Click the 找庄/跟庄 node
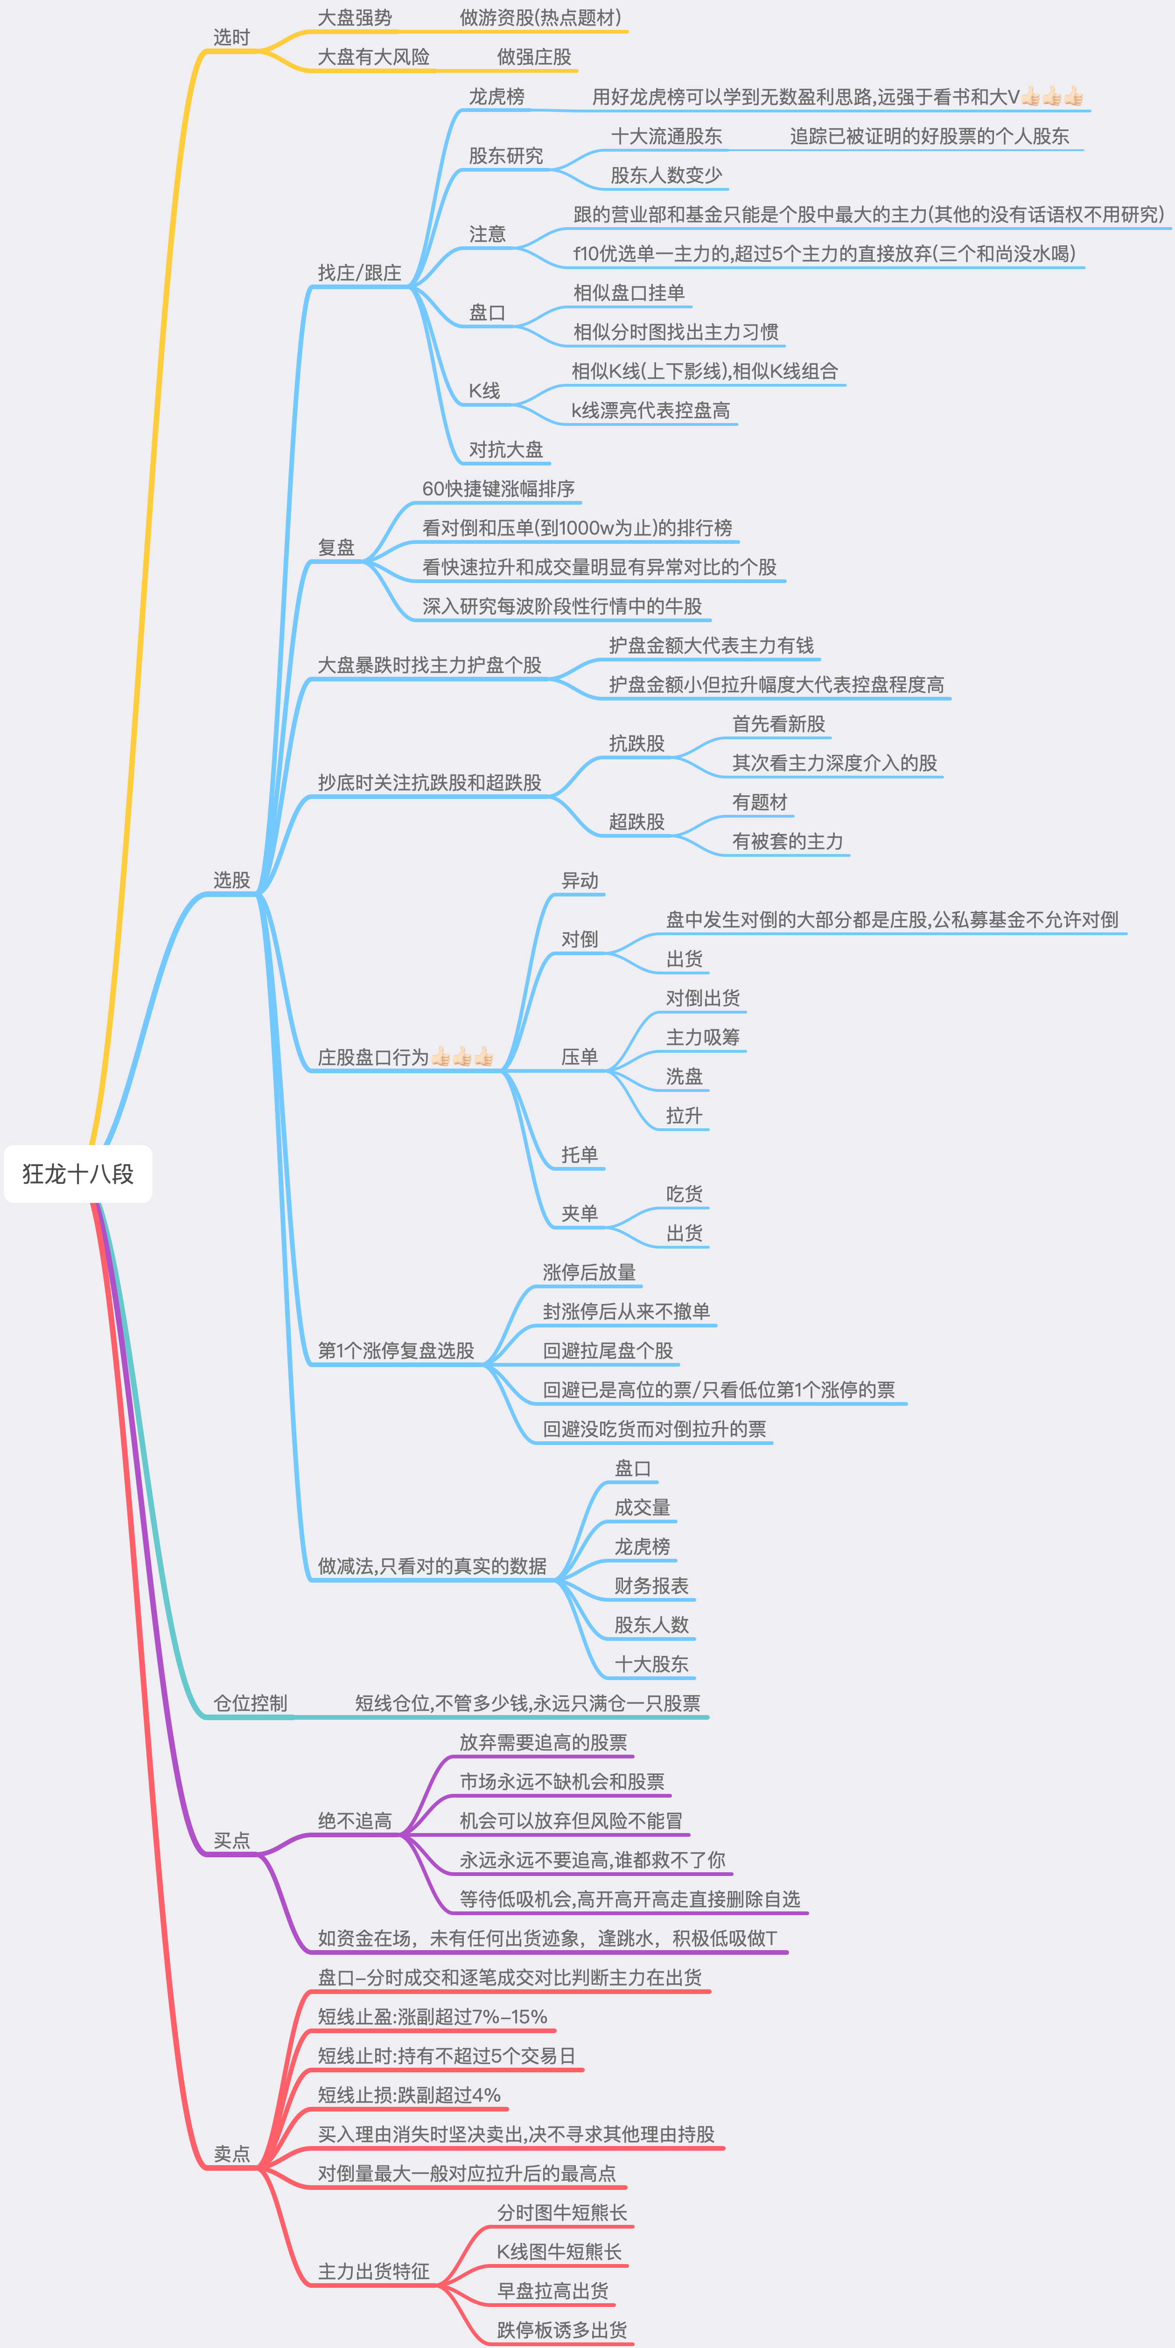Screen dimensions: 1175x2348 [359, 272]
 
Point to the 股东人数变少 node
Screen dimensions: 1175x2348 [666, 175]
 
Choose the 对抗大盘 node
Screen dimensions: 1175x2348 [506, 449]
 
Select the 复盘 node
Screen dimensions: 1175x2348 [336, 547]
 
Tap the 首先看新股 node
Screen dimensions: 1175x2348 [778, 724]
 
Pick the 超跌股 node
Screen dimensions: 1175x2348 [637, 821]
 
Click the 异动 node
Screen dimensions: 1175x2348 [580, 881]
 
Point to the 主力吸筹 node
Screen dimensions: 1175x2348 [703, 1037]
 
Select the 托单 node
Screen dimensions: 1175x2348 [580, 1155]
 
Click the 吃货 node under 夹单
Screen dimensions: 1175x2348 [685, 1194]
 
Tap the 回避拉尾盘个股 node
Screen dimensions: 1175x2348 [608, 1351]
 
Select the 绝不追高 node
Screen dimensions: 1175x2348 [355, 1821]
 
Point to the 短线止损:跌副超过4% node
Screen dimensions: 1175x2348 [409, 2095]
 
